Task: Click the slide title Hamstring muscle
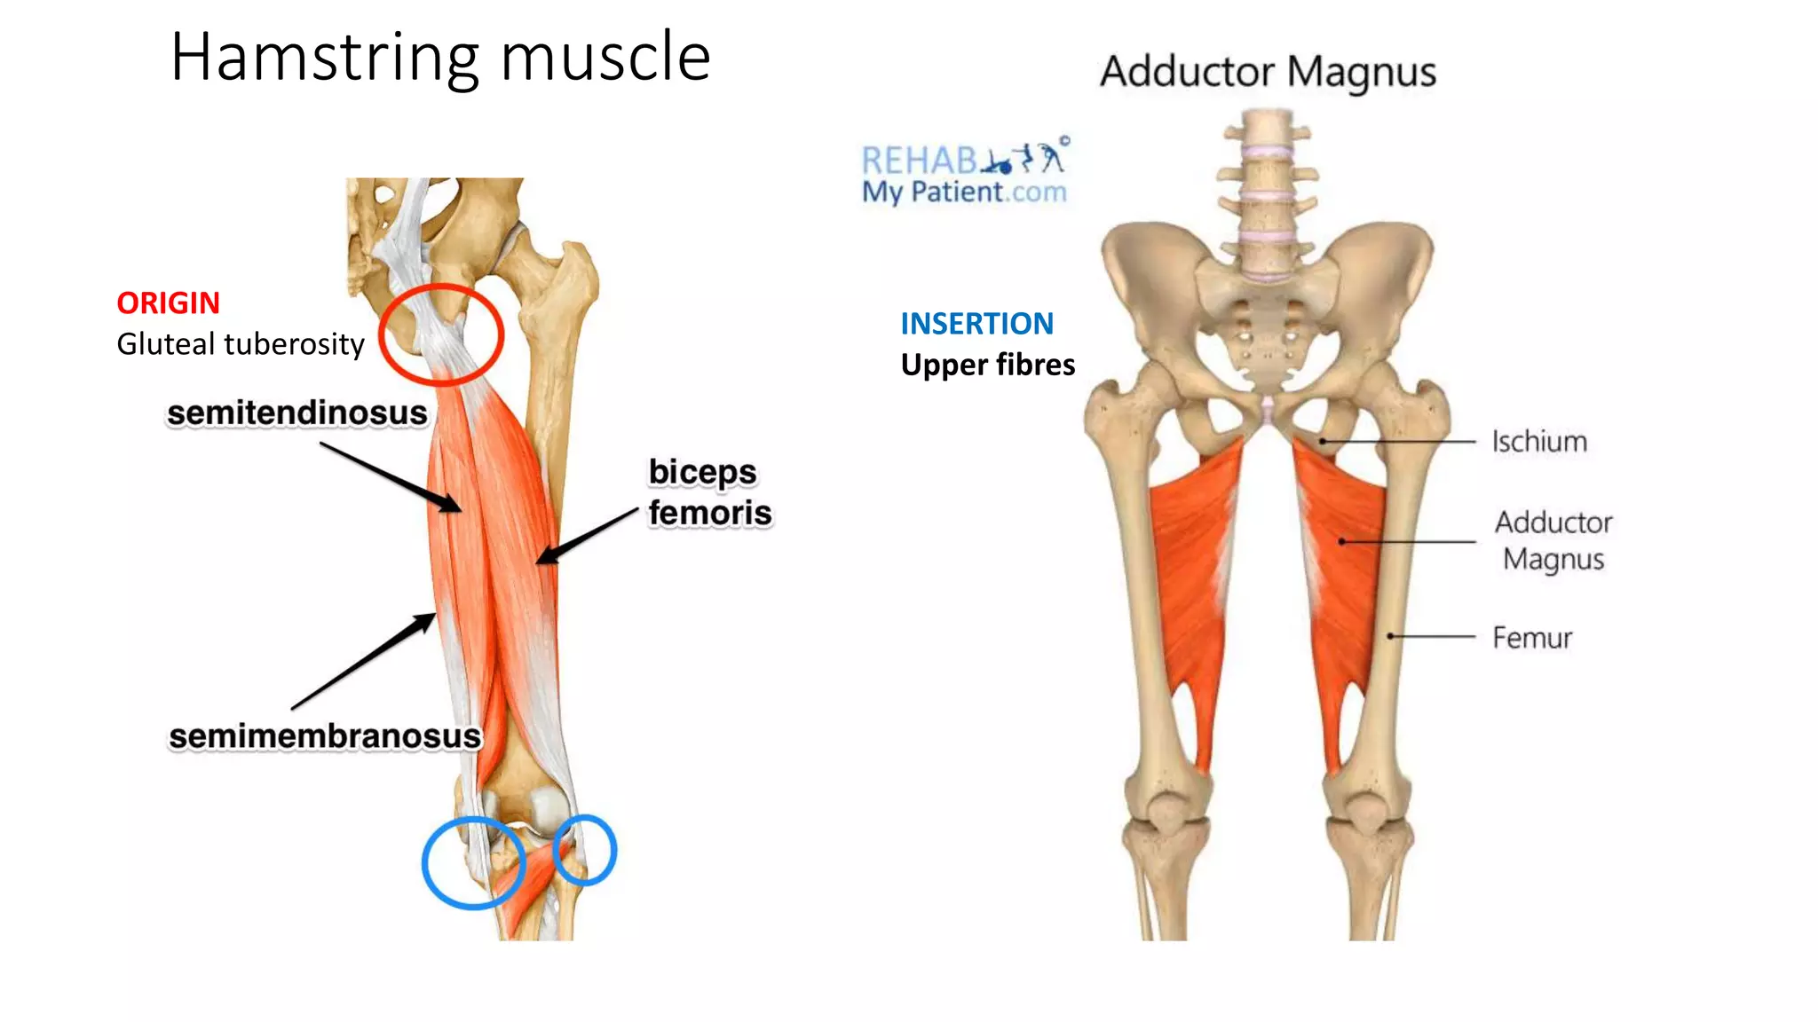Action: point(440,59)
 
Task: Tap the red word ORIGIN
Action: point(168,303)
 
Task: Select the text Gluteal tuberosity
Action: point(241,344)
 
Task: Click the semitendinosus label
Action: point(297,413)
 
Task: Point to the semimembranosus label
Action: point(325,736)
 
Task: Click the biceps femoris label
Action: point(709,492)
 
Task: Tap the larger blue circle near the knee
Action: point(424,863)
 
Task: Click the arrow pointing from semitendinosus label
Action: point(391,477)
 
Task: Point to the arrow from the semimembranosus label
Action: point(364,661)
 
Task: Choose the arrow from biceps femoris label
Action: point(587,536)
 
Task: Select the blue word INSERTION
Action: point(977,324)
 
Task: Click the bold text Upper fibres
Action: point(988,365)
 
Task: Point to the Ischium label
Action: point(1539,441)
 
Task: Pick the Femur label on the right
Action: point(1532,637)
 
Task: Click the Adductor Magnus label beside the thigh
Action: point(1553,540)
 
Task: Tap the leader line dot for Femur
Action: point(1391,636)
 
